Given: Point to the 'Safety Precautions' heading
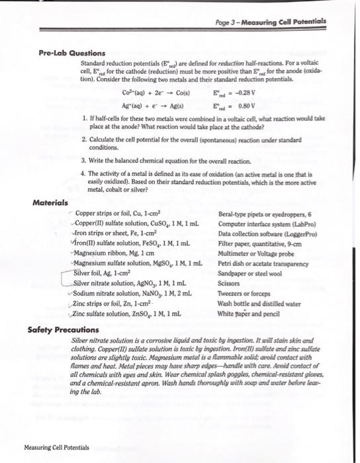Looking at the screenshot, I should point(64,328).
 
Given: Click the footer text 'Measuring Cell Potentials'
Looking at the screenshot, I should point(56,448).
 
